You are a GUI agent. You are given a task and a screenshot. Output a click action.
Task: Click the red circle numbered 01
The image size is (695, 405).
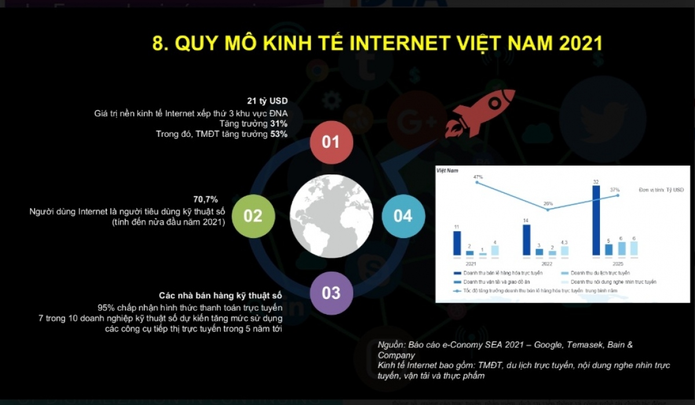pos(331,142)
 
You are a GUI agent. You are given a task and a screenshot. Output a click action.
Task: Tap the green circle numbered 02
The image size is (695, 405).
pos(253,216)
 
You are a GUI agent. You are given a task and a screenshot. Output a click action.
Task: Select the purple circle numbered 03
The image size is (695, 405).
pos(331,292)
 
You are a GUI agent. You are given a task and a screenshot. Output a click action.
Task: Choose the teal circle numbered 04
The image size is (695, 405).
pos(403,216)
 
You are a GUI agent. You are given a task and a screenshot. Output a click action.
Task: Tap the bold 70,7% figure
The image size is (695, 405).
pos(206,200)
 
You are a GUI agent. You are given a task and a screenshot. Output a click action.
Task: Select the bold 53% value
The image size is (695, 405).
pos(279,134)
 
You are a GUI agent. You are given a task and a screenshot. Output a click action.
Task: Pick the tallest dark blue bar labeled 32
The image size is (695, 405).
pos(596,220)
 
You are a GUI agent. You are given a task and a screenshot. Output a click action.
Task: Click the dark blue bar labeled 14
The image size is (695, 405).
pos(526,240)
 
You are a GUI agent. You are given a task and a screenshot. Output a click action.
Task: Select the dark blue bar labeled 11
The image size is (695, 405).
pos(457,243)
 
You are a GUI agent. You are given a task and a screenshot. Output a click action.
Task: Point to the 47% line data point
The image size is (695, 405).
pos(478,183)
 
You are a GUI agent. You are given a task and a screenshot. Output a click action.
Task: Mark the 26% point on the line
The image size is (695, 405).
pos(548,209)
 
